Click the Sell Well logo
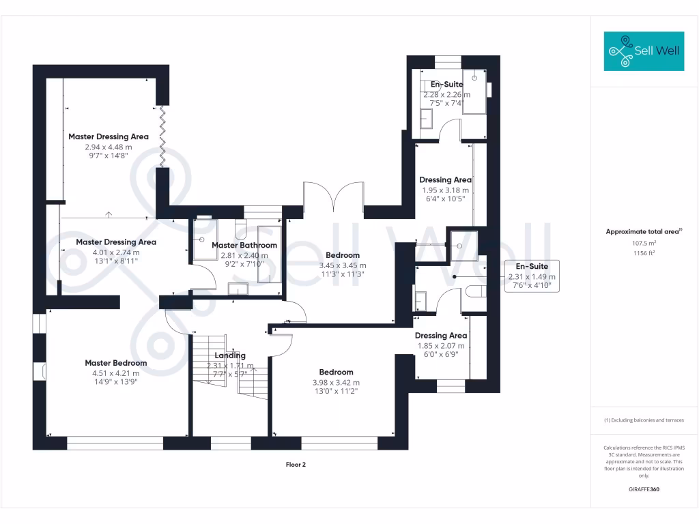[x=644, y=51]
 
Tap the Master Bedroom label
[x=116, y=363]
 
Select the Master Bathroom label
[x=244, y=245]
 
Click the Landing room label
[x=230, y=355]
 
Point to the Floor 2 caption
[x=296, y=464]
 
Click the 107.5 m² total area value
[x=644, y=244]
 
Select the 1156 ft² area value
[x=644, y=253]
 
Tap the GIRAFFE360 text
[x=644, y=489]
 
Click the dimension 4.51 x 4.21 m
[x=116, y=373]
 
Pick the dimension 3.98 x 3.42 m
[x=336, y=383]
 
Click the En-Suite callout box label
[x=532, y=267]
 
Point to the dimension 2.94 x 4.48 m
[x=109, y=147]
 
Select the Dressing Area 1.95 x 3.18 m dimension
[x=445, y=190]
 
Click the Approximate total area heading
[x=644, y=232]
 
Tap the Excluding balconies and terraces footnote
[x=644, y=420]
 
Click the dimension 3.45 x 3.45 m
[x=343, y=265]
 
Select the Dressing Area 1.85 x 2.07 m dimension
[x=441, y=346]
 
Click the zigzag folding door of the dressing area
[x=162, y=136]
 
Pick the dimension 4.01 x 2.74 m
[x=116, y=252]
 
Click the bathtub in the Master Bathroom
[x=269, y=254]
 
